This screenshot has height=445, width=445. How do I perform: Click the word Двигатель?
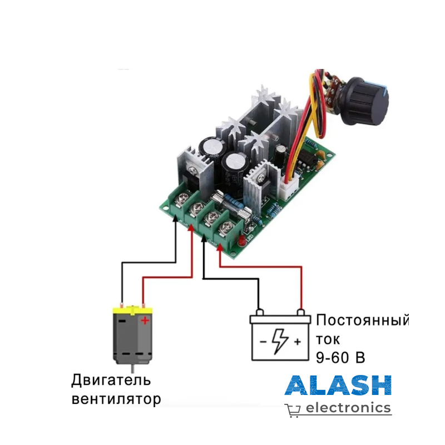click(111, 381)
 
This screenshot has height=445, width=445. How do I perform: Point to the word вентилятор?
click(116, 399)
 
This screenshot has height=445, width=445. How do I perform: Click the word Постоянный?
click(362, 321)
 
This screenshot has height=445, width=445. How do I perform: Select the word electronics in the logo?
click(349, 408)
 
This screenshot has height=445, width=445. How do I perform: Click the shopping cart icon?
click(293, 410)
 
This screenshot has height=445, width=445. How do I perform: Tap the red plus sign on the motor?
click(145, 320)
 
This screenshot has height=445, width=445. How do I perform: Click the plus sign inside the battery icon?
click(298, 341)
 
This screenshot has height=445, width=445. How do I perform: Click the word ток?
click(328, 339)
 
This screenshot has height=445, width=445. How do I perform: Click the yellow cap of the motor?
click(132, 309)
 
